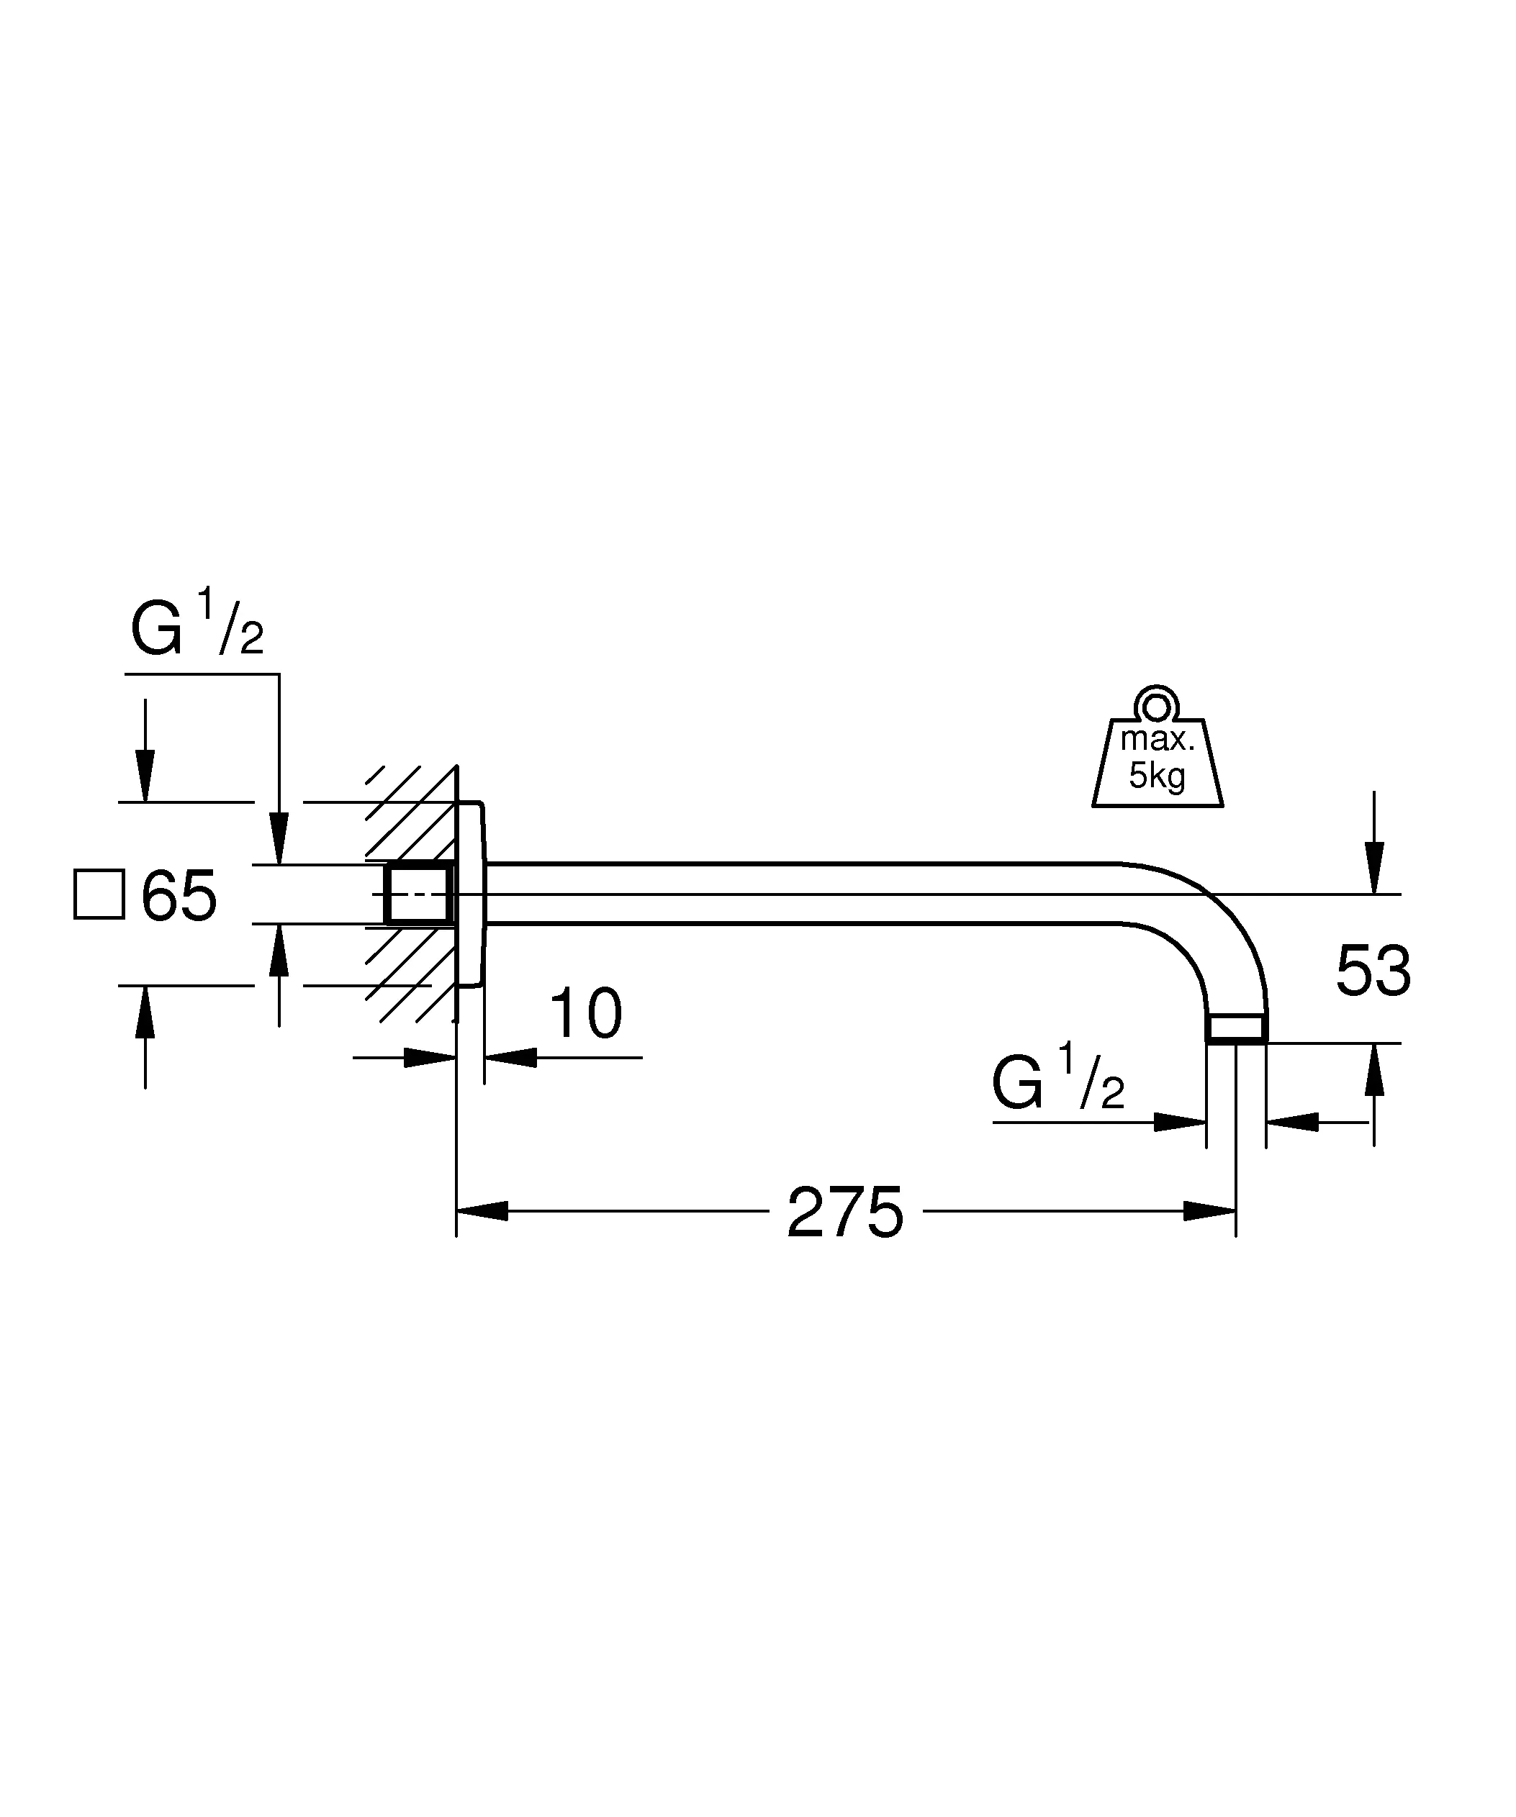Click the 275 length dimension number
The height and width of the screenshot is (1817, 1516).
click(x=844, y=1213)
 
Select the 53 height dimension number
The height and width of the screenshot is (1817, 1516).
click(x=1373, y=971)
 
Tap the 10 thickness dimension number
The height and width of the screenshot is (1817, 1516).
click(x=586, y=1013)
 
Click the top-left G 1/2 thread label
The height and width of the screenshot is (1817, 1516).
click(x=197, y=624)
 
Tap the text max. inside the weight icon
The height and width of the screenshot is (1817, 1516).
click(x=1157, y=740)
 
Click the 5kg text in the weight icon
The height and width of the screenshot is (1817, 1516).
click(x=1157, y=776)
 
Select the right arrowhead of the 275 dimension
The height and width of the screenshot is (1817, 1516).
click(x=1209, y=1211)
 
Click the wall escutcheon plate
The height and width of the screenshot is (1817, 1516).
click(x=472, y=894)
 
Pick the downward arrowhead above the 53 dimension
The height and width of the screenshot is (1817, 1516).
click(x=1373, y=868)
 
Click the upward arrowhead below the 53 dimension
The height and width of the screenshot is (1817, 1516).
click(x=1373, y=1069)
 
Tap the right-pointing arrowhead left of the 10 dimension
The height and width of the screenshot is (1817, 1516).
click(x=430, y=1056)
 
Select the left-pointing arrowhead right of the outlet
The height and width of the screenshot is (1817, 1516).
click(x=1292, y=1122)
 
